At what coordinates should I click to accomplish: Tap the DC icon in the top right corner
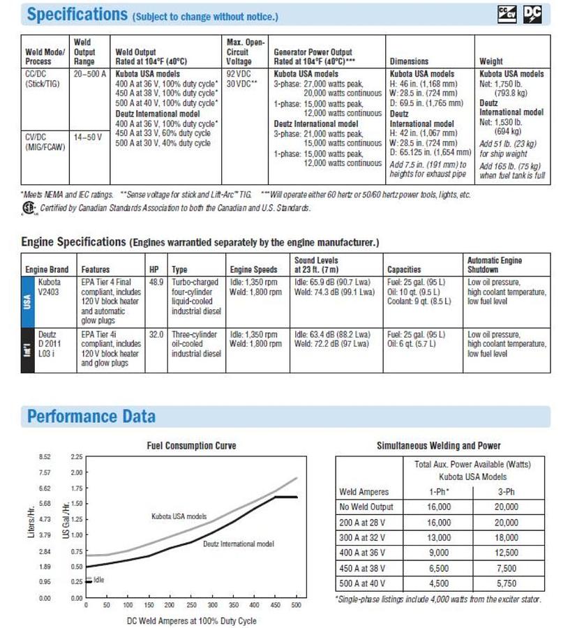coord(532,14)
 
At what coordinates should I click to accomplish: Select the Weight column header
coord(492,61)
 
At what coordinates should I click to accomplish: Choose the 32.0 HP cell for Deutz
coord(156,334)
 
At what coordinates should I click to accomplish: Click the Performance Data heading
coord(91,417)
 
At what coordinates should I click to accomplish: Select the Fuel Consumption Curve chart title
coord(191,446)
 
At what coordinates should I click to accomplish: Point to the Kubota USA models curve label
coord(179,516)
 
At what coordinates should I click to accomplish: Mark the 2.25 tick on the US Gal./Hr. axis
coord(77,457)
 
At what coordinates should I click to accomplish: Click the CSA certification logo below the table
coord(28,207)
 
